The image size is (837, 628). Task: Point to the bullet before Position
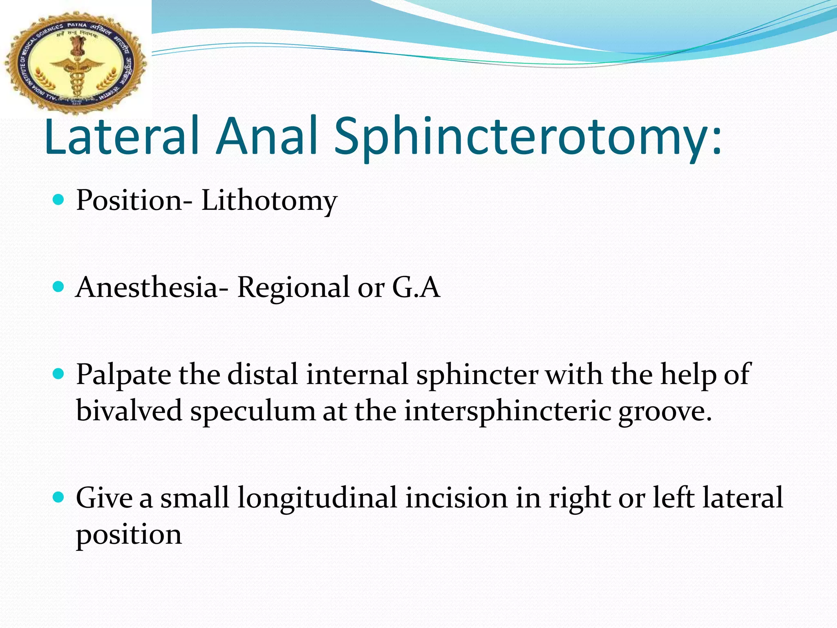click(59, 200)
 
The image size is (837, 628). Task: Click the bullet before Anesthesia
click(59, 287)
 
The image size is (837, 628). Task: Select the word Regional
click(294, 287)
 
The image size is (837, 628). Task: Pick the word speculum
click(253, 411)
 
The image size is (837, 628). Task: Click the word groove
click(665, 411)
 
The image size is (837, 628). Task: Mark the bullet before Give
click(59, 497)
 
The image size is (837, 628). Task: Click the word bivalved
click(129, 410)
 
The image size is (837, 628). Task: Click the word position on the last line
click(129, 535)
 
